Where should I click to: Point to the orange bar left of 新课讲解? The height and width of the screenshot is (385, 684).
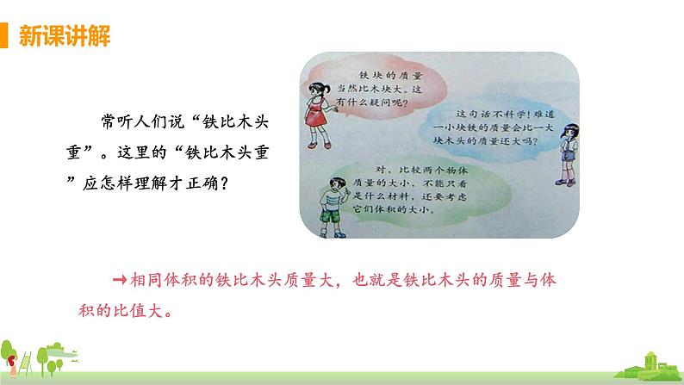[7, 36]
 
